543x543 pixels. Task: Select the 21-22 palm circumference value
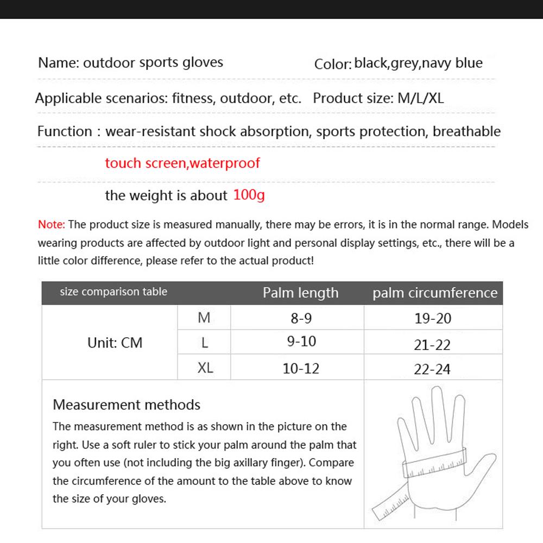[432, 345]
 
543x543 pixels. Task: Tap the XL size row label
[205, 368]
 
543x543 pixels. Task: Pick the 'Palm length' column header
[300, 293]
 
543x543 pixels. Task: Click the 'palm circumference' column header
[434, 293]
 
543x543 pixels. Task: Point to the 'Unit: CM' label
[115, 343]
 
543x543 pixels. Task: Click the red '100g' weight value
[249, 194]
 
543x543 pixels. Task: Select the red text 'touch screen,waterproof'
[182, 163]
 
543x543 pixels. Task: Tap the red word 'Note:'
[52, 224]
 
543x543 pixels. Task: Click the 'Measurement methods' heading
[127, 405]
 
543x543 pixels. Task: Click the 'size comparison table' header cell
[113, 292]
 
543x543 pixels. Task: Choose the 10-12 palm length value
[301, 369]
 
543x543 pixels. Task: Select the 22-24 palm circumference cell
[432, 369]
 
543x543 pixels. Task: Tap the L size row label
[205, 343]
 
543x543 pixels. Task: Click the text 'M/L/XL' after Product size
[421, 98]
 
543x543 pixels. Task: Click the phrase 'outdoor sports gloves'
[153, 62]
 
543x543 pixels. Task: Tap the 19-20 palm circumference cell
[433, 319]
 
